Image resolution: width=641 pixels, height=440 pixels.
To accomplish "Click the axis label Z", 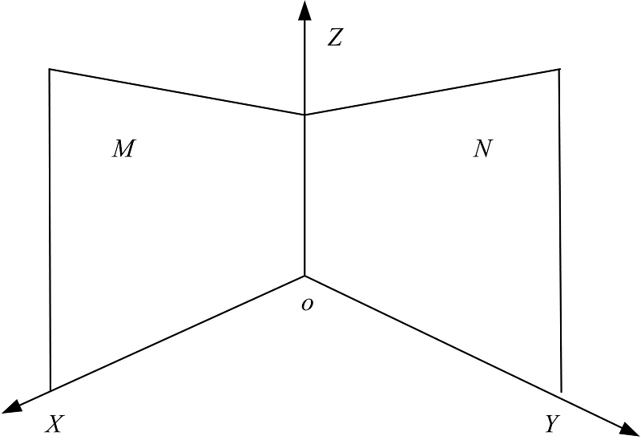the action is [335, 38].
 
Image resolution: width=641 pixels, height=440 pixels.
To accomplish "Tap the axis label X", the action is [54, 424].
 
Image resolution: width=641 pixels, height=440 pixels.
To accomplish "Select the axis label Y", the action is [553, 424].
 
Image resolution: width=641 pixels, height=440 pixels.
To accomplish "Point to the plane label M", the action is [123, 148].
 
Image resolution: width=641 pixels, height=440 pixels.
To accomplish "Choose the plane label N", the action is [483, 148].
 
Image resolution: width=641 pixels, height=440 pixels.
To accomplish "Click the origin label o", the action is [307, 305].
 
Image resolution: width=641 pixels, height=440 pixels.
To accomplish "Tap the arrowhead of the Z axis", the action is [304, 10].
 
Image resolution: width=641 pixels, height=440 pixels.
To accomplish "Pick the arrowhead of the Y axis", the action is [630, 430].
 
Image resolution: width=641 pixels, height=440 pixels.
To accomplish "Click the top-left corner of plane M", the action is [50, 69].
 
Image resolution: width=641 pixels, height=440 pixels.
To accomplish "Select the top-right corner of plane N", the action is [558, 70].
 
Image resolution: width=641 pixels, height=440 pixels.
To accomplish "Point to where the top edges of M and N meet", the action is [304, 115].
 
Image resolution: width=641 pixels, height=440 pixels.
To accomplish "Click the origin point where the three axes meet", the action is [304, 276].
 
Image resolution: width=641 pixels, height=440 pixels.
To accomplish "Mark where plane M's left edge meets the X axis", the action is [50, 391].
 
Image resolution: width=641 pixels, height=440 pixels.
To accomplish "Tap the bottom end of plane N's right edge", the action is [561, 392].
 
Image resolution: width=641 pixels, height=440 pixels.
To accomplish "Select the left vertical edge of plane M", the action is [50, 230].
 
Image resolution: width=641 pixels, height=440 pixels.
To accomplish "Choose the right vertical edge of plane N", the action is [560, 231].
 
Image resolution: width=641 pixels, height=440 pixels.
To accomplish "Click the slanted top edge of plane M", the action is [177, 91].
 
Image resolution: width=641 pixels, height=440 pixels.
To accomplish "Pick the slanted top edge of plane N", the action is [432, 92].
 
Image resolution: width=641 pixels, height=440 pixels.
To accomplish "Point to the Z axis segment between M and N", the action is [304, 195].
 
